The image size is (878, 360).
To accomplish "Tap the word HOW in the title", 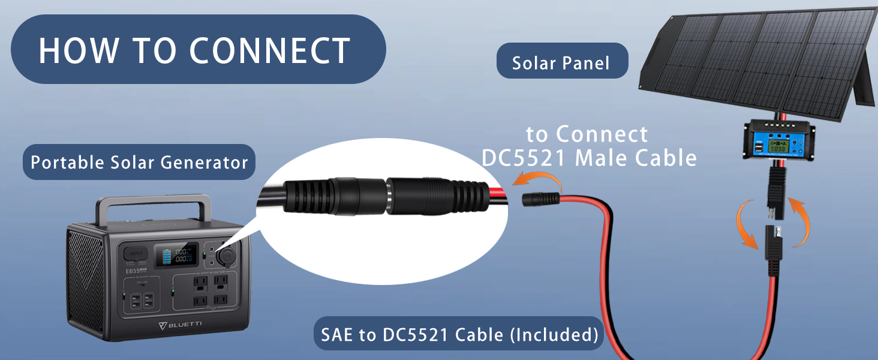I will [x=77, y=50].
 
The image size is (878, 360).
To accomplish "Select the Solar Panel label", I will [x=561, y=63].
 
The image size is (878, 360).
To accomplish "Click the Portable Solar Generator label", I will [x=139, y=162].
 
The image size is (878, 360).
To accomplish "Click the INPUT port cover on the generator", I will [x=135, y=254].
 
